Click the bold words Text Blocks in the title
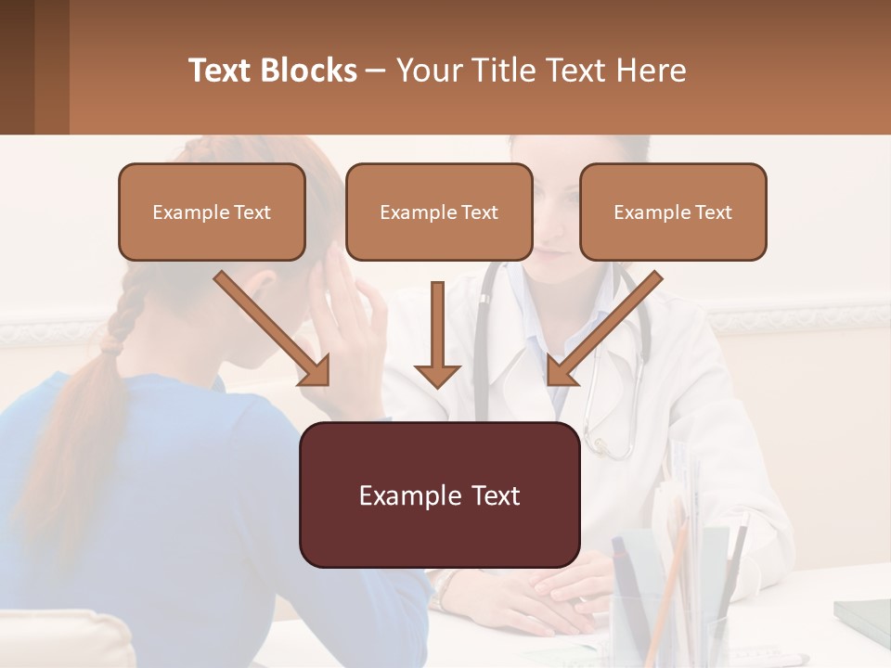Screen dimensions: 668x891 tap(273, 71)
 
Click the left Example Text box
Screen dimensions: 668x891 tap(212, 212)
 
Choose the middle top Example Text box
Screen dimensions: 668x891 tap(439, 212)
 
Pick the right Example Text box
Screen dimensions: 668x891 tap(673, 212)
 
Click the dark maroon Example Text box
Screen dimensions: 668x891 tap(439, 495)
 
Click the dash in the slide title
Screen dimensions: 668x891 tap(377, 71)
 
